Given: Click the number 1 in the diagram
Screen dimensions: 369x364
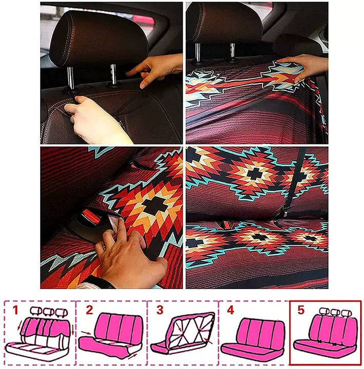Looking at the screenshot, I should (x=15, y=310).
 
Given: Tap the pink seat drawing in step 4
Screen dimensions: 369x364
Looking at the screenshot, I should (x=253, y=338).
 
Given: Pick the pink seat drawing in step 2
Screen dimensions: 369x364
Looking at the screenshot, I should (x=112, y=336).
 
